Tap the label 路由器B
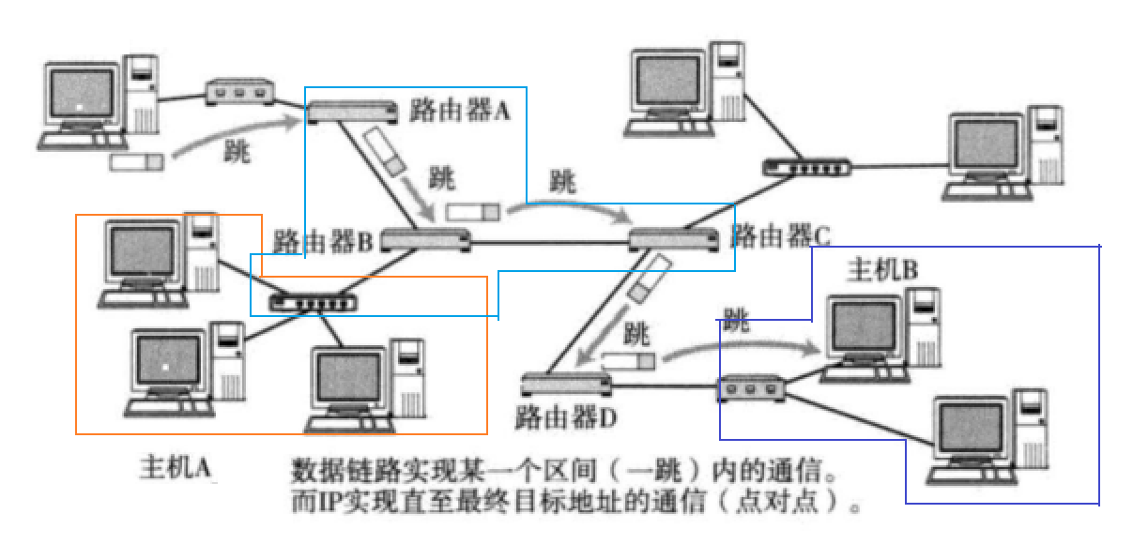324,241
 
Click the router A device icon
352,111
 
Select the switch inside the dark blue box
752,386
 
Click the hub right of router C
806,167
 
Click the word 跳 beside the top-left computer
237,152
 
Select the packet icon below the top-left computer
137,161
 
